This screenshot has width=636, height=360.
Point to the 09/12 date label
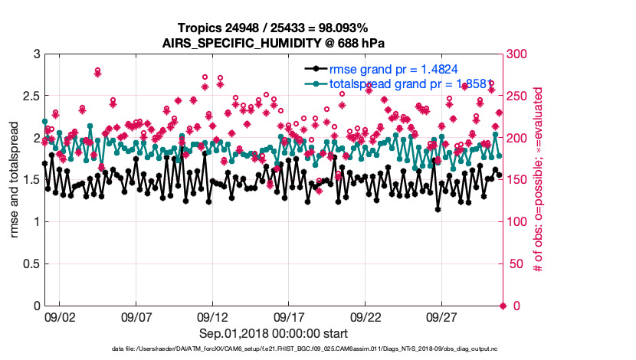212,316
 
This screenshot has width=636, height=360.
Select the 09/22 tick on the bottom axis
366,316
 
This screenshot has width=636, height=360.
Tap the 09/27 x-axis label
442,316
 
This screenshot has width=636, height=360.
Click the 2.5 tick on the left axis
30,97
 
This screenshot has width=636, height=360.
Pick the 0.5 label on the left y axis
30,264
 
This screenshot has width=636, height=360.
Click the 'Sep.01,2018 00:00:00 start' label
274,333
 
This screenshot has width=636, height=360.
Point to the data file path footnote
274,349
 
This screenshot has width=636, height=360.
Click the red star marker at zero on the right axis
503,306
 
